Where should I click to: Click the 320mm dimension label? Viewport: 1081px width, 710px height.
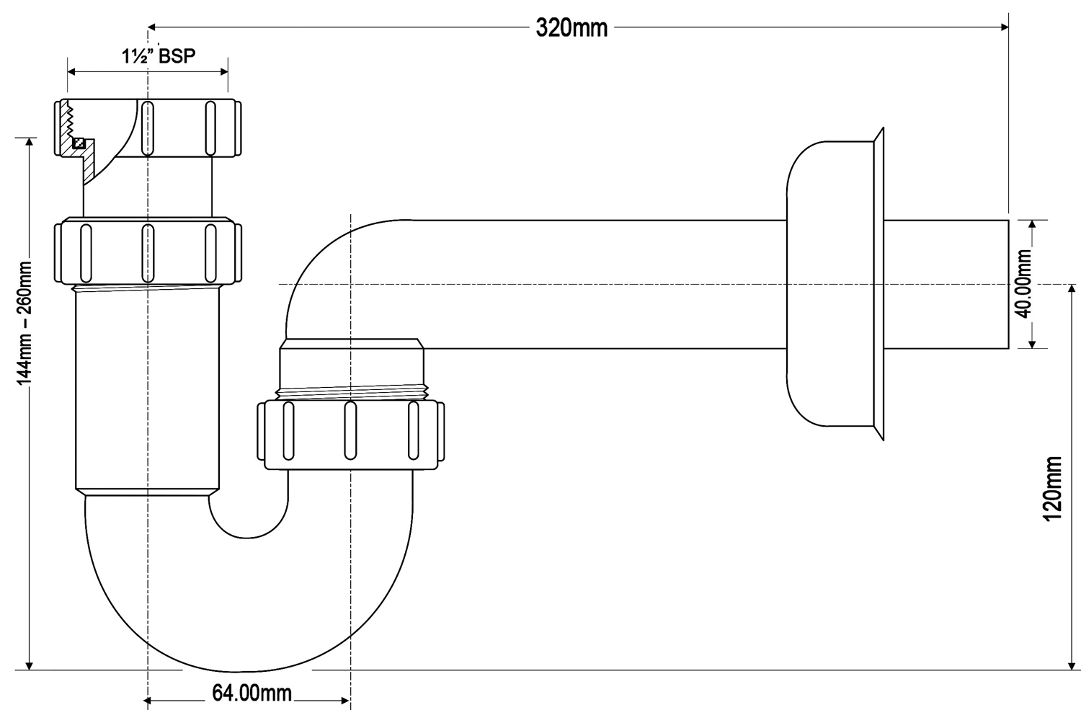pyautogui.click(x=571, y=27)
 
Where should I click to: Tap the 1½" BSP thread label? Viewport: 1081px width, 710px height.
pyautogui.click(x=159, y=56)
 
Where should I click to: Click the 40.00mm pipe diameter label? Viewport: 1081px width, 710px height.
pyautogui.click(x=1023, y=283)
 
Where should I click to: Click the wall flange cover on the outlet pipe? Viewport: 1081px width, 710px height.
pyautogui.click(x=836, y=283)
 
